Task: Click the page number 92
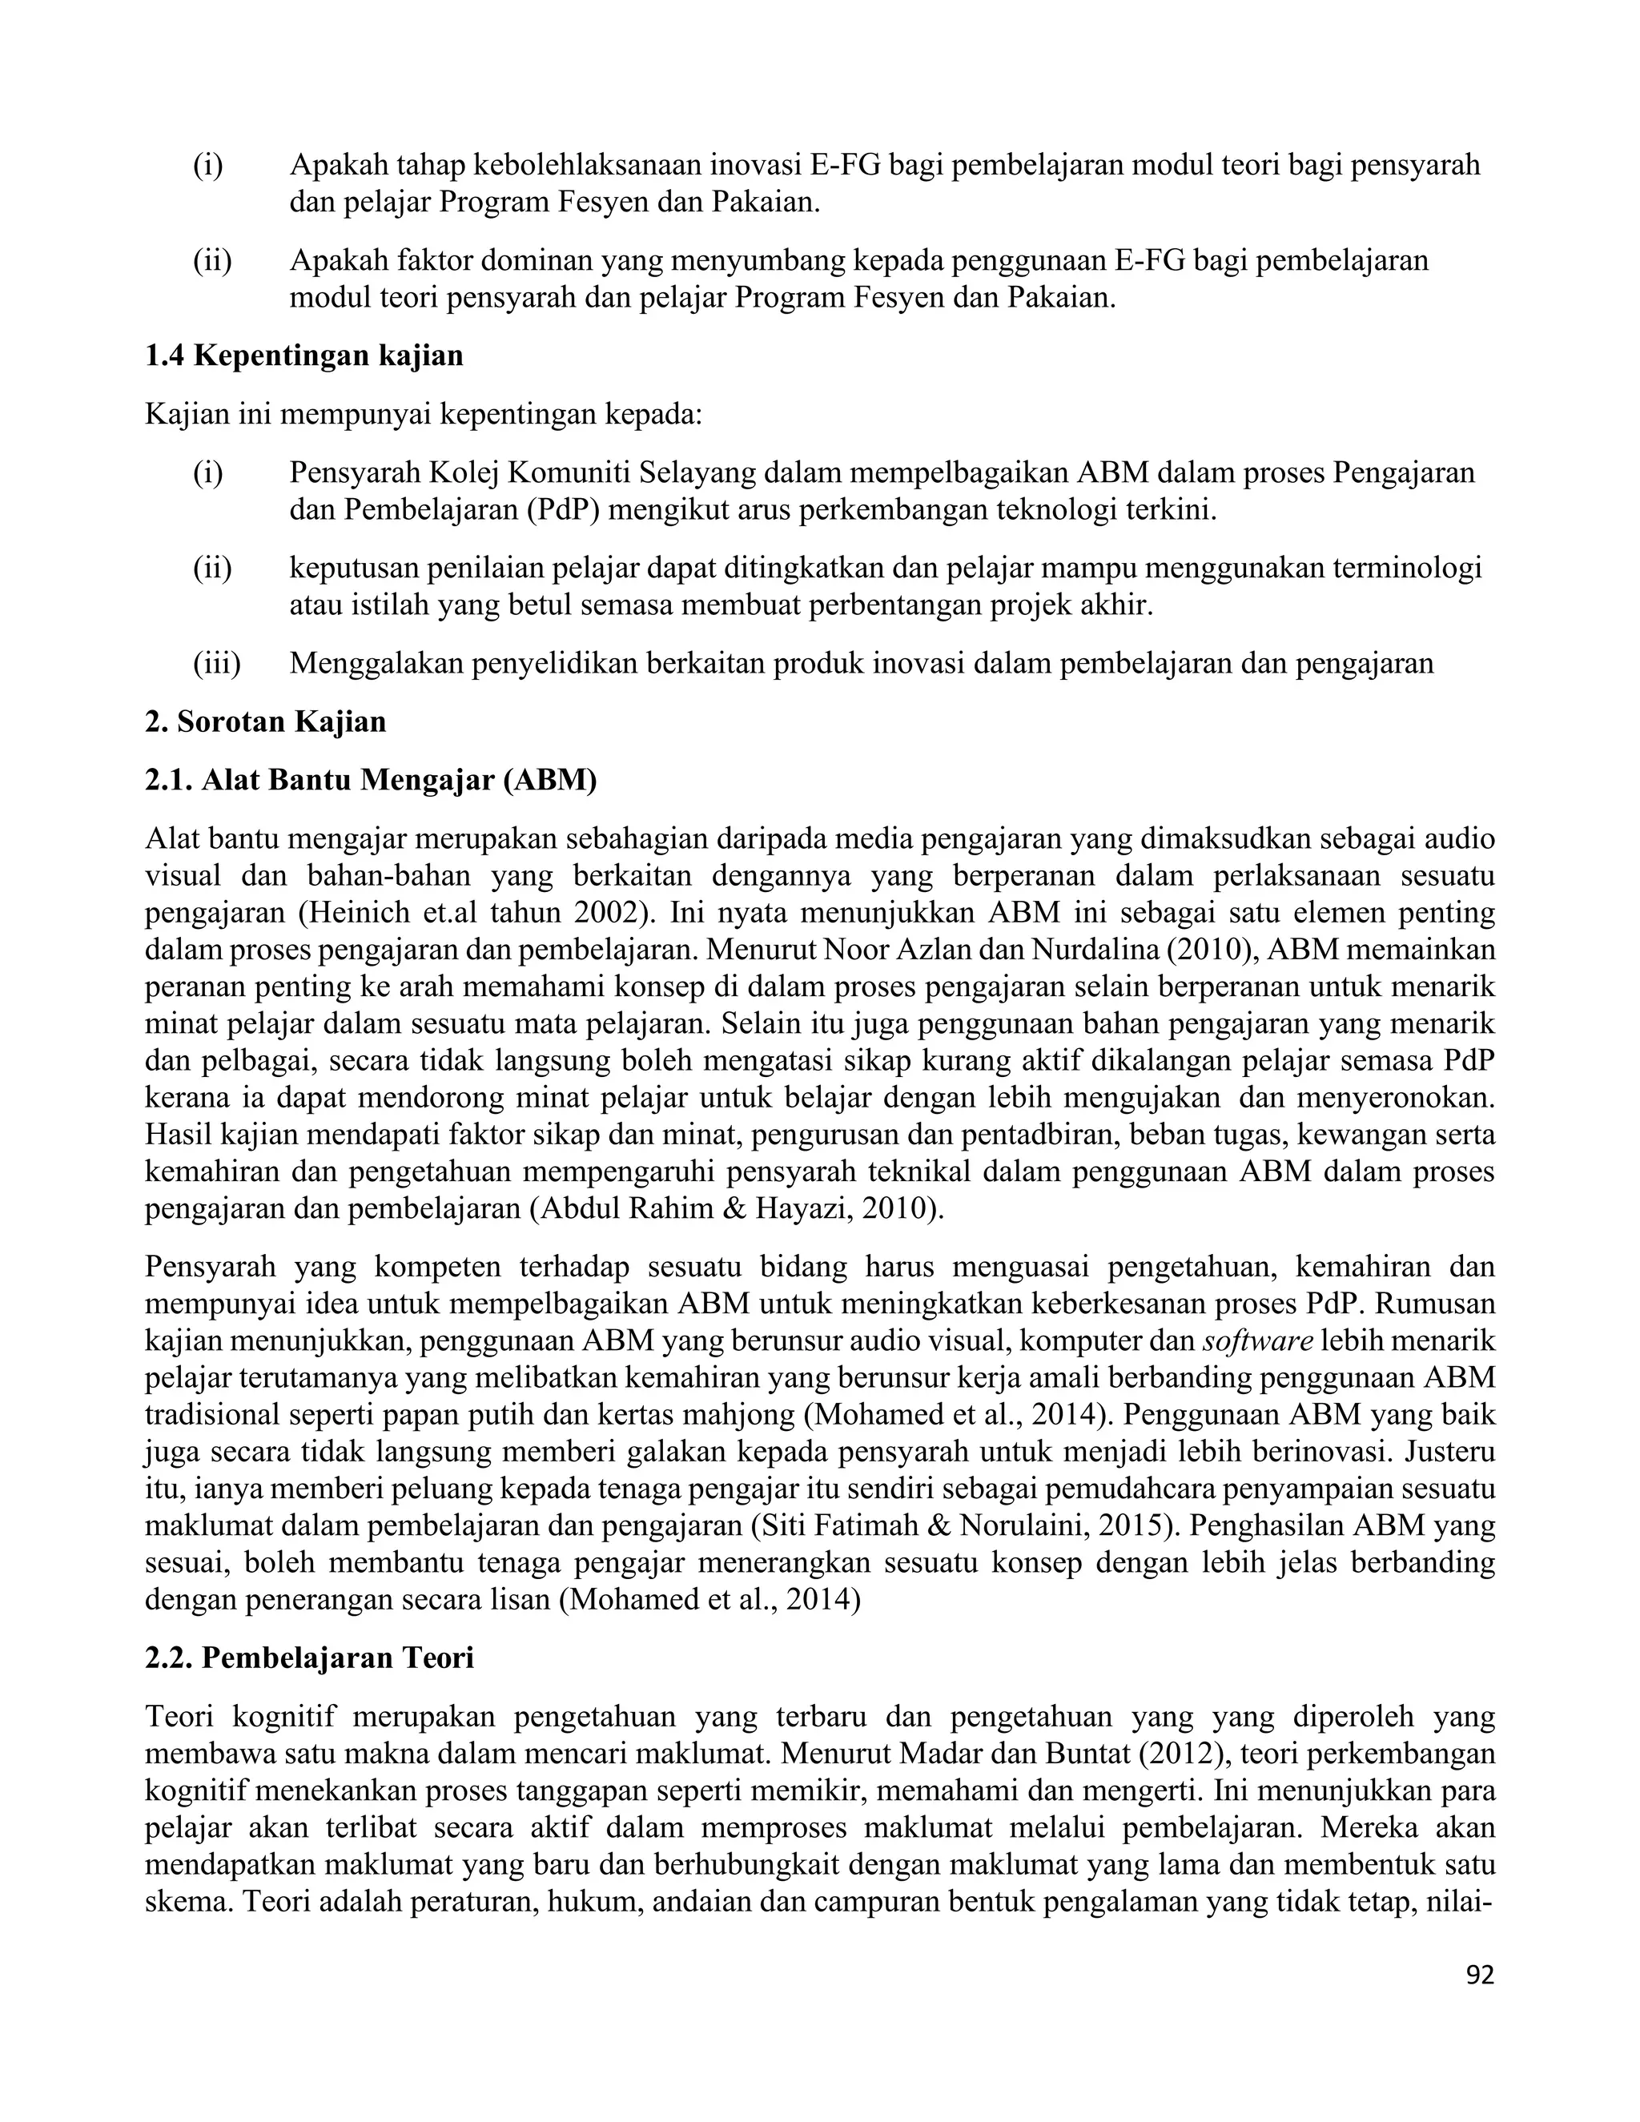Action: point(1480,1975)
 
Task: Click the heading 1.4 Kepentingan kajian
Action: point(304,356)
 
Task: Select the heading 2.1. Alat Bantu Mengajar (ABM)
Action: point(370,779)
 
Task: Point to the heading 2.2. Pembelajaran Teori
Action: point(309,1657)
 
